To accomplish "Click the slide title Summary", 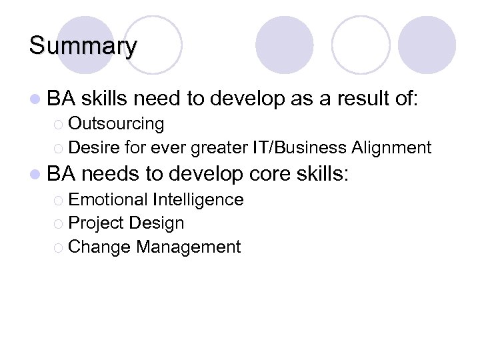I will click(x=83, y=46).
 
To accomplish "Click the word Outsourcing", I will click(x=116, y=124).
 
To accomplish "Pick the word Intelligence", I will click(x=198, y=199).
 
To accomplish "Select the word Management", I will click(x=188, y=247).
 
